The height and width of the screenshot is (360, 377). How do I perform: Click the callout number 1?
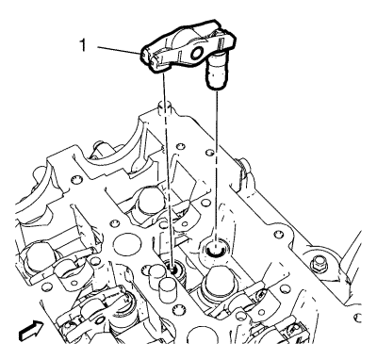click(x=83, y=45)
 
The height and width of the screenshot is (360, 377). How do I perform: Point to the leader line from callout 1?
click(x=119, y=50)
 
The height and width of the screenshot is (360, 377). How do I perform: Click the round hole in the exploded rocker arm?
click(x=197, y=54)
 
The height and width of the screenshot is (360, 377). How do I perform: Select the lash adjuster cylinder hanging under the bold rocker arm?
click(x=216, y=72)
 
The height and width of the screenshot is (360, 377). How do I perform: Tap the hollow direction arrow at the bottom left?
click(x=30, y=331)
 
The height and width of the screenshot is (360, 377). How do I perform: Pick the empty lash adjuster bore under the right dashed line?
click(x=215, y=248)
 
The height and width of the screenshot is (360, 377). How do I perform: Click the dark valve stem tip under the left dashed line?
click(x=172, y=270)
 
